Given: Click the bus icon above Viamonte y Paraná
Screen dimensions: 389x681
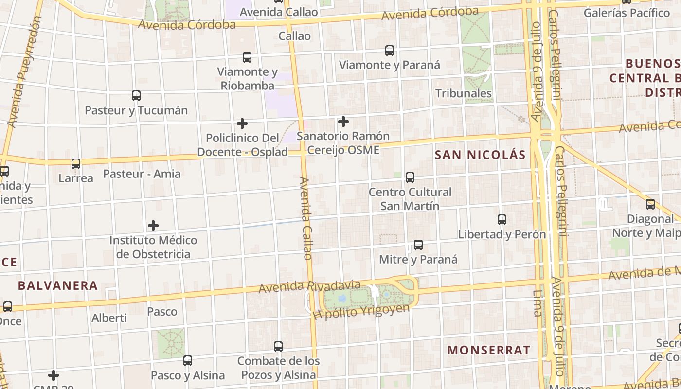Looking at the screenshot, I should (390, 50).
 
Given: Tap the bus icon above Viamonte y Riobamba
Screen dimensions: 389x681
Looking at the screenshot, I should (247, 57).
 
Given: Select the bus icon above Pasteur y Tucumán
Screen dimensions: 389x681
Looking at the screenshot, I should (136, 96).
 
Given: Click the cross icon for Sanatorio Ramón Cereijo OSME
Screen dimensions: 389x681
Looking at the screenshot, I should (343, 121).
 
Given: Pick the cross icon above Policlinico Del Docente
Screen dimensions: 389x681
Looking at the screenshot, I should (242, 124).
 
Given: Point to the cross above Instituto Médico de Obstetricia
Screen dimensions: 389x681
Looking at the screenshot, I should (153, 226).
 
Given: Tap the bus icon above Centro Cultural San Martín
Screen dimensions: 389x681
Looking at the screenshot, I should (410, 177).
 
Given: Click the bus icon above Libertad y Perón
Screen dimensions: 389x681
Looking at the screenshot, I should (502, 220).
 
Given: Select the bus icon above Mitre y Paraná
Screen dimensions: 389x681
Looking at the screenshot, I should (418, 245).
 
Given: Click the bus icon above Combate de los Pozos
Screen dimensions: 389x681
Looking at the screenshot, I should (278, 347).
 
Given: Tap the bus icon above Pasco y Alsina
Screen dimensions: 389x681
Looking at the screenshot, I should (188, 361).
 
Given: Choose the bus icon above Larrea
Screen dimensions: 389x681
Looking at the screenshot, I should (76, 164).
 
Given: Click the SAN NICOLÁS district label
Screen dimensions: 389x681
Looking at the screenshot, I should (480, 155).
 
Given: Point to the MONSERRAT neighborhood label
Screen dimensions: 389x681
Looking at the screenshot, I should (488, 350).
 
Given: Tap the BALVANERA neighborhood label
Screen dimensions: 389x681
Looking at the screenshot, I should (58, 285).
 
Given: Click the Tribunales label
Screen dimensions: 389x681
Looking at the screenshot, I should (464, 93).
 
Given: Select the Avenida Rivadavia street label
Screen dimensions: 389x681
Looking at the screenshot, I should (309, 286).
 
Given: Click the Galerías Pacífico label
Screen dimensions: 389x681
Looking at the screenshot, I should (627, 13).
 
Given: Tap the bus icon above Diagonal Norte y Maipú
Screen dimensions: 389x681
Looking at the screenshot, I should (650, 204).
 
